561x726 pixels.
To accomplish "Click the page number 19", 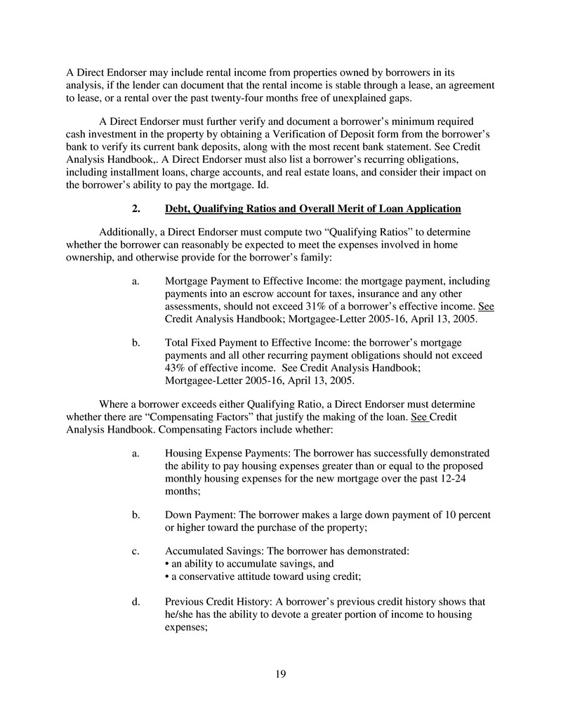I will pyautogui.click(x=280, y=675).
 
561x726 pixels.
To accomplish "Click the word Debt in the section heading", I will pyautogui.click(x=178, y=209).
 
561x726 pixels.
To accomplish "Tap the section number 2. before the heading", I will pyautogui.click(x=136, y=209).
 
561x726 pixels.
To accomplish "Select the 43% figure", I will pyautogui.click(x=176, y=368).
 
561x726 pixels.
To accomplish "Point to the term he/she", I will pyautogui.click(x=181, y=614).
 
